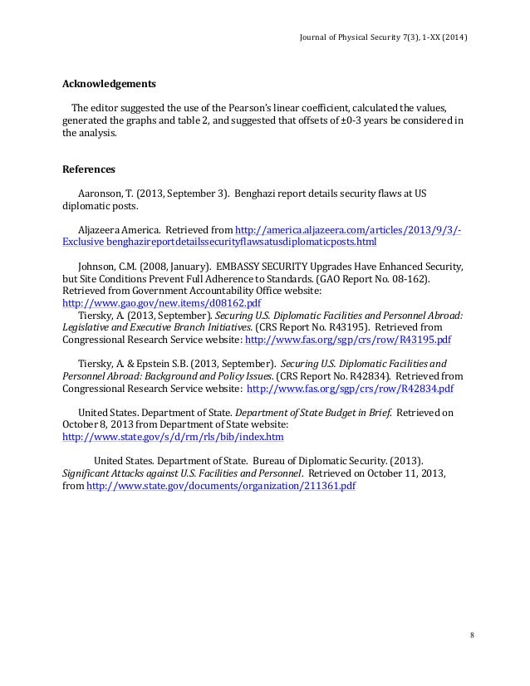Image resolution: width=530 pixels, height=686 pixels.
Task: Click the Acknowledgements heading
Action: (x=109, y=84)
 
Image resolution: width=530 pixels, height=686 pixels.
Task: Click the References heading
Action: (x=89, y=169)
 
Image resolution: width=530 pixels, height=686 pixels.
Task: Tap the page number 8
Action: (x=472, y=635)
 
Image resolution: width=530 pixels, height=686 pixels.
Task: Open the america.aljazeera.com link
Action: (x=349, y=230)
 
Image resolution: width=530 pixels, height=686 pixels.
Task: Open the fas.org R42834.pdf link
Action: (x=350, y=388)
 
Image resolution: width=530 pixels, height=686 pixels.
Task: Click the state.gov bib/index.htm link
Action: (x=174, y=436)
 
